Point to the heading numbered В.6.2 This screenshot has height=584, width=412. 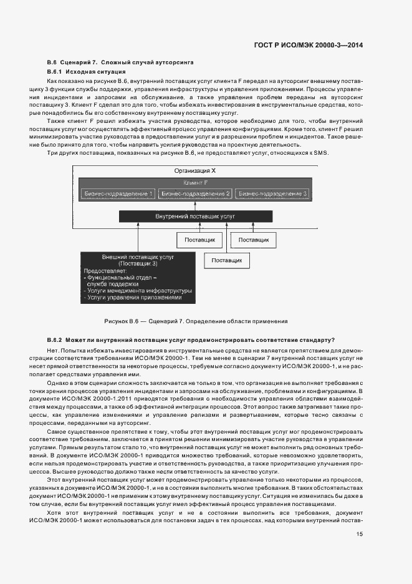191,339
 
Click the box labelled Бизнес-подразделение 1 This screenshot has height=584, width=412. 118,194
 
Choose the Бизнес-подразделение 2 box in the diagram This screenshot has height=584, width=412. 196,194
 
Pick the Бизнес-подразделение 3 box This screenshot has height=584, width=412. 274,194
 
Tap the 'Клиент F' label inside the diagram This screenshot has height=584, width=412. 196,183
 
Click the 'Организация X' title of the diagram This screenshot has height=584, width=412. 196,170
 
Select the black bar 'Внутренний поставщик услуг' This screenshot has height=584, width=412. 196,216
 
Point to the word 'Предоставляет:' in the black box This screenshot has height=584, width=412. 105,271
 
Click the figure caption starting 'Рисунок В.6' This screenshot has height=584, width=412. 196,321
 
